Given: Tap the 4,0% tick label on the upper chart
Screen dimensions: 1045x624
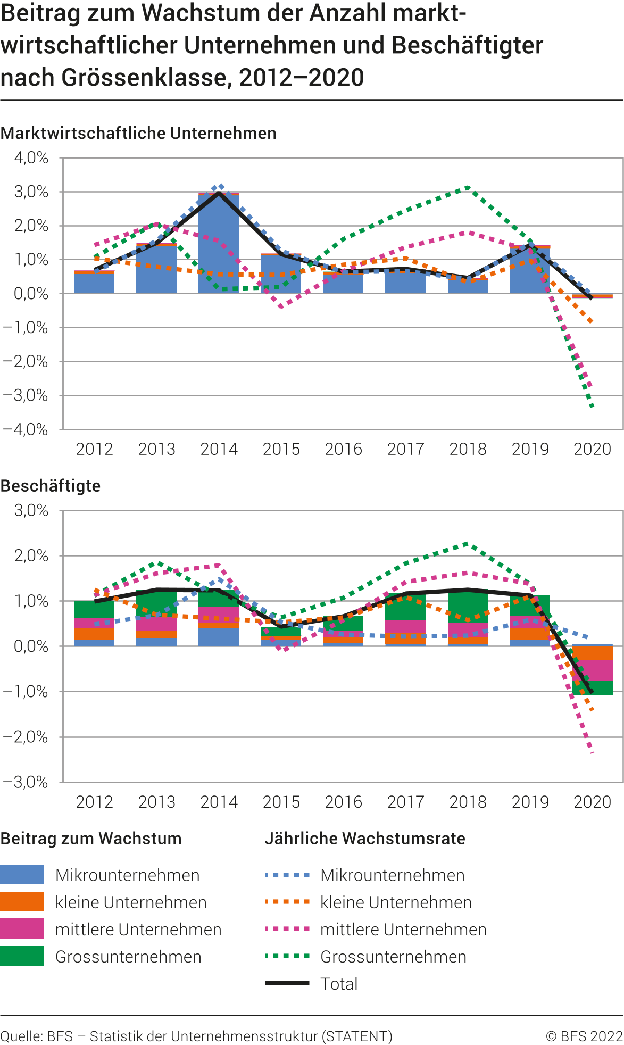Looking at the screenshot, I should [x=31, y=157].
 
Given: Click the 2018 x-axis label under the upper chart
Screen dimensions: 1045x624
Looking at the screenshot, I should [x=468, y=449].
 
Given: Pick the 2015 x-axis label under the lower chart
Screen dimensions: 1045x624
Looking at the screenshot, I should [x=281, y=802].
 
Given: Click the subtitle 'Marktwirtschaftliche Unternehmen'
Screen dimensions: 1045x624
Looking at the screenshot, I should [x=138, y=133].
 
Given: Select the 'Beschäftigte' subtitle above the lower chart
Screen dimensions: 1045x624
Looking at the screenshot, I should [x=51, y=486].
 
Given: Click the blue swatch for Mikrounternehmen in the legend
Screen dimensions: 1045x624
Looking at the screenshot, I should [x=22, y=875].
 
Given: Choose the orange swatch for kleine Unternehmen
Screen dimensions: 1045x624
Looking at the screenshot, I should [x=22, y=902].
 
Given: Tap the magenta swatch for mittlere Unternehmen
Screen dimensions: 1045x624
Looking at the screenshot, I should [x=22, y=929].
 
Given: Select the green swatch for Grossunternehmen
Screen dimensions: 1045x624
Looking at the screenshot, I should [x=22, y=956].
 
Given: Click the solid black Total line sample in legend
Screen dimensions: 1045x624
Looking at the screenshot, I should [x=287, y=983].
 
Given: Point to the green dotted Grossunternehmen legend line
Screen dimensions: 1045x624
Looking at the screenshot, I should [x=287, y=956].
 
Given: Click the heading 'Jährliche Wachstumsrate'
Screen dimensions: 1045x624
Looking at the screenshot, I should [x=365, y=839].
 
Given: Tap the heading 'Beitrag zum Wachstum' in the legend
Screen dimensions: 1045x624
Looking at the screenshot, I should [x=91, y=839].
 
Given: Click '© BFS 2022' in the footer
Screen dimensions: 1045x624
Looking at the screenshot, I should [x=584, y=1036].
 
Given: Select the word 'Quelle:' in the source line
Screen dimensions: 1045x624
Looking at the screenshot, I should [x=22, y=1036].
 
